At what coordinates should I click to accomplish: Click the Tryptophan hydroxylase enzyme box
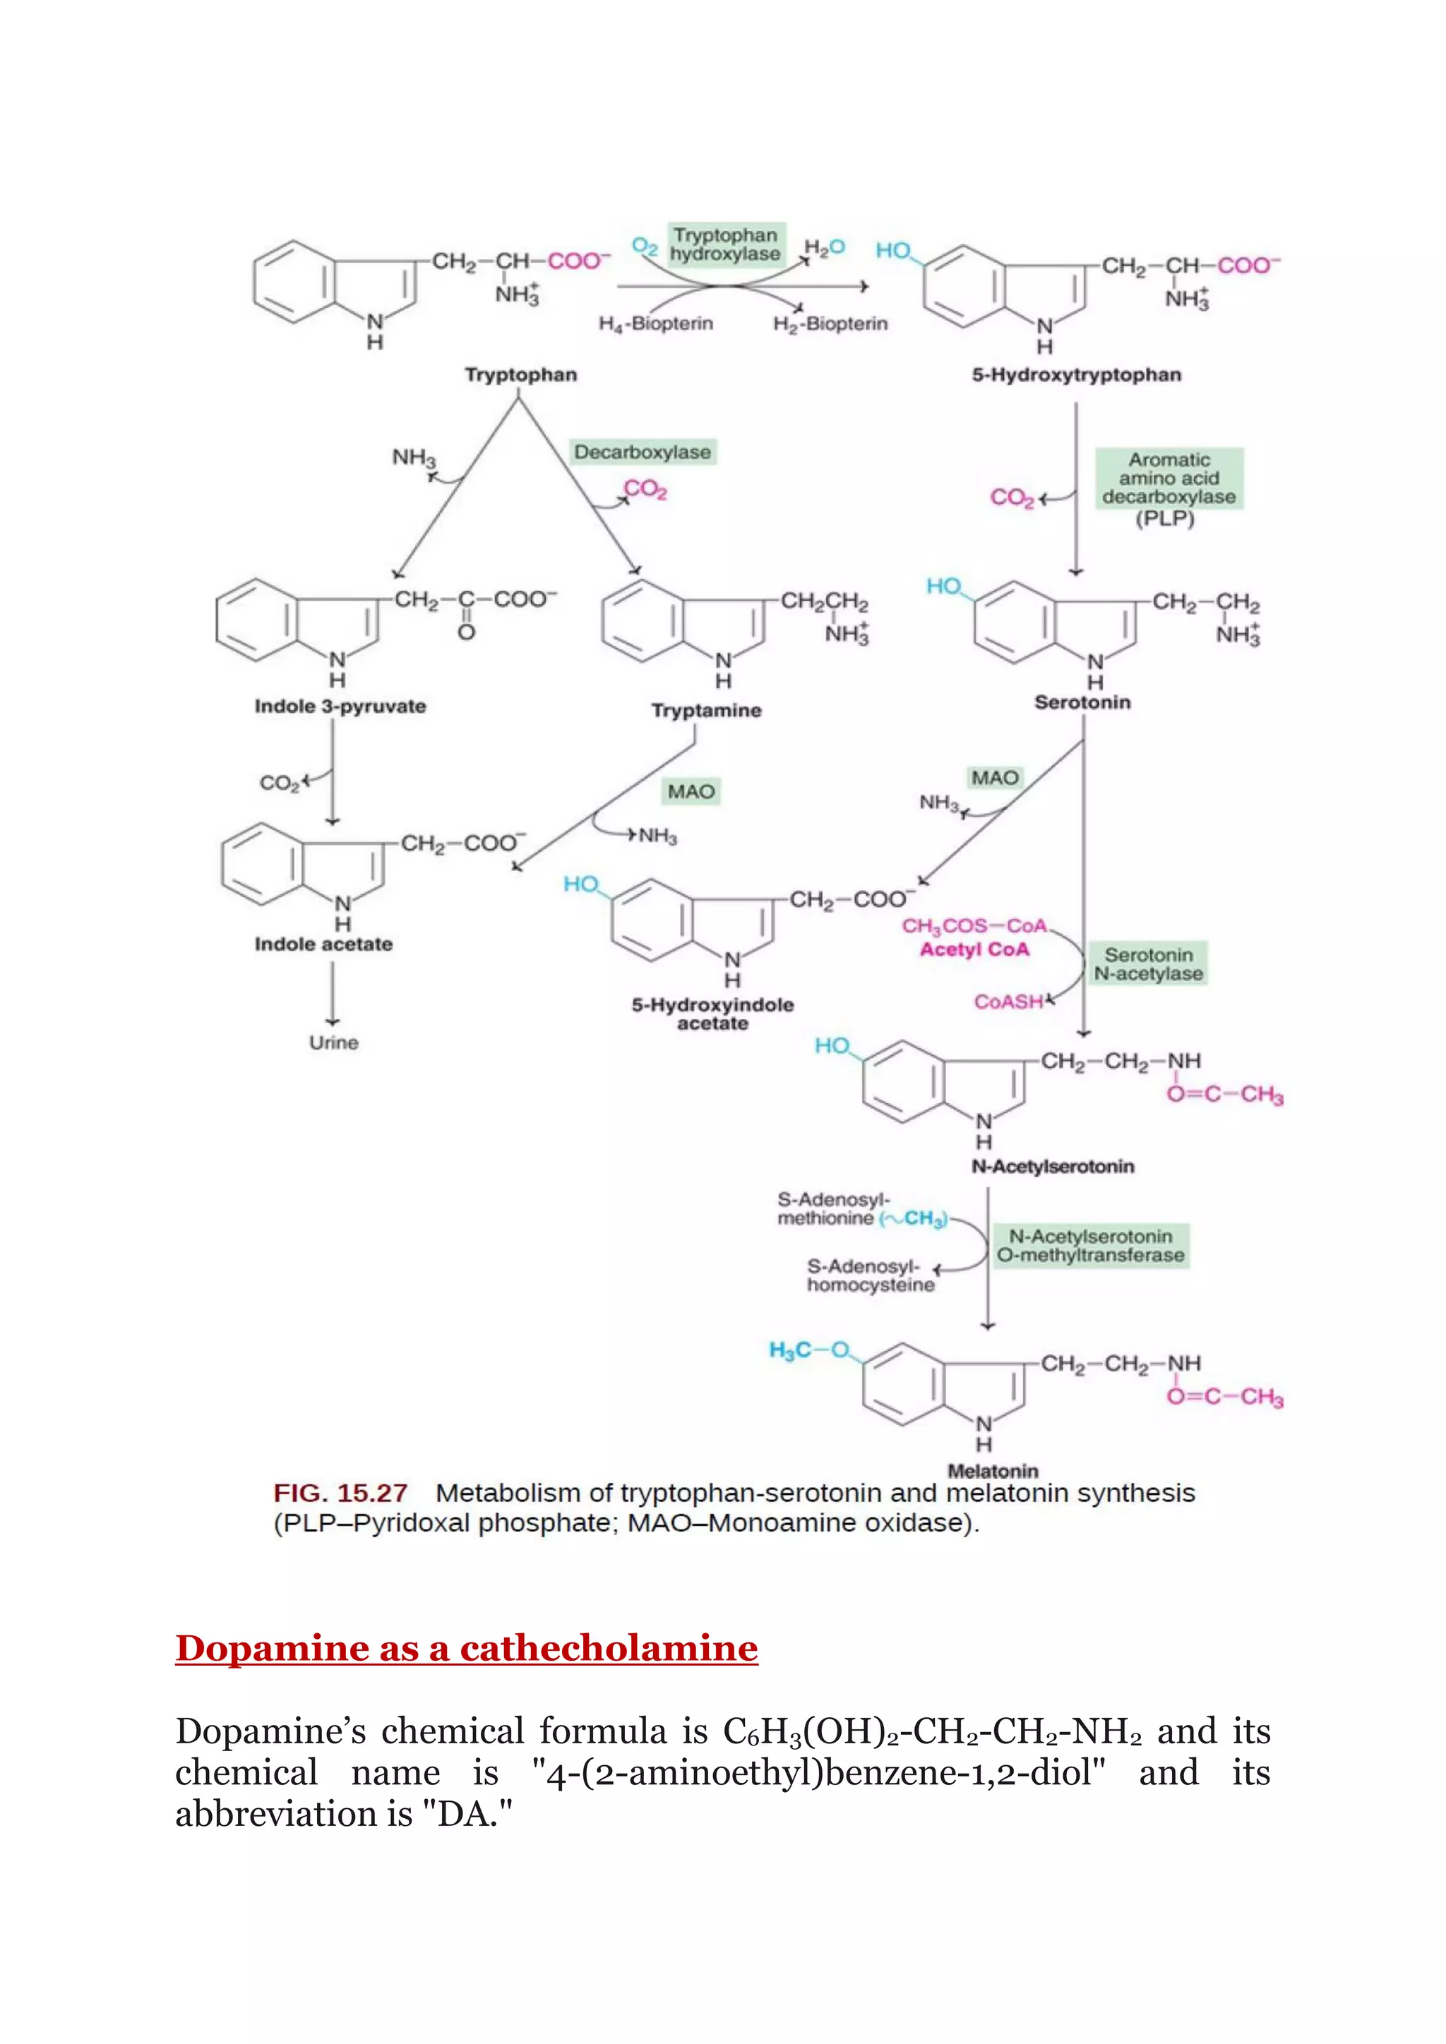pyautogui.click(x=726, y=245)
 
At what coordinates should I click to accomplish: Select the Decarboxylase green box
pyautogui.click(x=642, y=452)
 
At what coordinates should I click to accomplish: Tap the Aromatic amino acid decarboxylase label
pyautogui.click(x=1169, y=479)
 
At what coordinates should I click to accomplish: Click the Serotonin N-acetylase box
pyautogui.click(x=1149, y=965)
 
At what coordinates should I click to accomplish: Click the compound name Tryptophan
pyautogui.click(x=521, y=375)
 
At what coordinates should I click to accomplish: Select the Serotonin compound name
pyautogui.click(x=1082, y=702)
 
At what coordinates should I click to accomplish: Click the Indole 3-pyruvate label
pyautogui.click(x=340, y=707)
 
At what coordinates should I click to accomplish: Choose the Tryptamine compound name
pyautogui.click(x=706, y=711)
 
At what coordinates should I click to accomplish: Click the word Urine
pyautogui.click(x=334, y=1042)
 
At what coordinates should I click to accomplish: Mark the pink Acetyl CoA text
pyautogui.click(x=974, y=950)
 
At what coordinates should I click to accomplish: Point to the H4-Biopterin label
pyautogui.click(x=655, y=324)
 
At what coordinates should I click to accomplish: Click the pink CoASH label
pyautogui.click(x=1008, y=1002)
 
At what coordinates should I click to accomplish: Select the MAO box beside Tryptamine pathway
pyautogui.click(x=691, y=791)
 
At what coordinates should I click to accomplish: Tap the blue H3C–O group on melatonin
pyautogui.click(x=808, y=1350)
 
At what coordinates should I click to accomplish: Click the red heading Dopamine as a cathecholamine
pyautogui.click(x=467, y=1648)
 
